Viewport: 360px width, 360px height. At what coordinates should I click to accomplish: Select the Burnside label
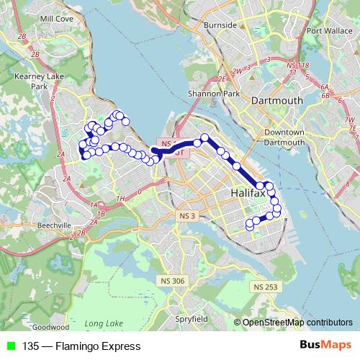pos(220,25)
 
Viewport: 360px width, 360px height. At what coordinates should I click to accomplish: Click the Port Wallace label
pos(326,31)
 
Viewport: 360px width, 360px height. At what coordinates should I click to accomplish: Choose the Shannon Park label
pos(208,93)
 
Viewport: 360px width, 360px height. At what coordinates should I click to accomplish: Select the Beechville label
pos(55,225)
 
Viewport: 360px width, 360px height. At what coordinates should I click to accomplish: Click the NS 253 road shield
pos(265,287)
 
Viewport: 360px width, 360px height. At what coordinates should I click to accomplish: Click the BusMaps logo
pos(325,346)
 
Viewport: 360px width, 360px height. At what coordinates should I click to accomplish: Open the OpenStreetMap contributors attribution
pos(297,323)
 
